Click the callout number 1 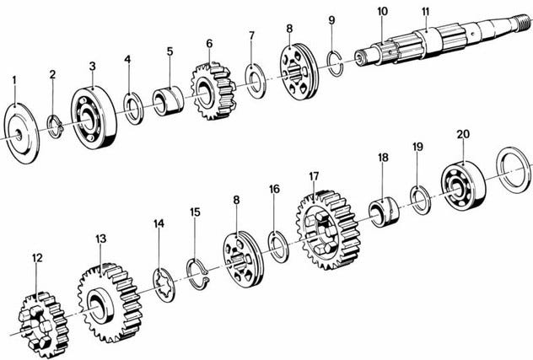coord(14,80)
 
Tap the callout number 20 coord(463,134)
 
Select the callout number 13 coord(100,239)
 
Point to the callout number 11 coord(426,12)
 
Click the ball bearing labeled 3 coord(94,117)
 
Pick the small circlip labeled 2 coord(55,126)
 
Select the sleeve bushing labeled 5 coord(168,101)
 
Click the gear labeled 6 coord(213,91)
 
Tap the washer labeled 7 coord(256,81)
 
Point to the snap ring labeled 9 coord(335,63)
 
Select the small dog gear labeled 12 coord(44,325)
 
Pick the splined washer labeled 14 coord(164,285)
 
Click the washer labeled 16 coord(278,247)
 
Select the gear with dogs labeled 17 coord(328,230)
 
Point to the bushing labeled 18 coord(384,212)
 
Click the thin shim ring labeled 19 coord(421,201)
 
